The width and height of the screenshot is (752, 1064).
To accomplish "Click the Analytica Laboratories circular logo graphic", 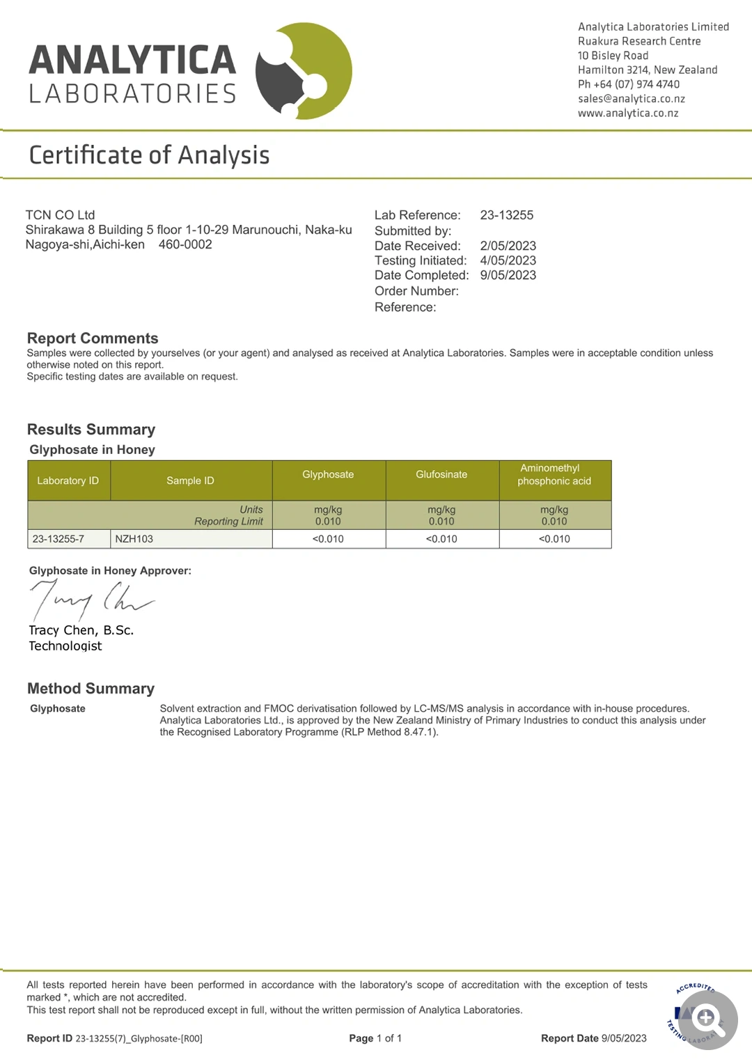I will pyautogui.click(x=304, y=70).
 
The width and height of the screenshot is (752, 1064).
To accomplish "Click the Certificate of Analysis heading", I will pyautogui.click(x=149, y=155).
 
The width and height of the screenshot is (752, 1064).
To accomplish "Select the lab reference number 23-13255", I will pyautogui.click(x=506, y=215).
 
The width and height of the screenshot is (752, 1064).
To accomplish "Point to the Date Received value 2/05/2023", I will pyautogui.click(x=508, y=246).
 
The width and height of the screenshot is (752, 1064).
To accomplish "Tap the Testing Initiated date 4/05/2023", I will pyautogui.click(x=508, y=260).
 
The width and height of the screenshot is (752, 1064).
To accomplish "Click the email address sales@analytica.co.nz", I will pyautogui.click(x=631, y=99).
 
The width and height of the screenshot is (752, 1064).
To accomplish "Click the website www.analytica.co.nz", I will pyautogui.click(x=627, y=114).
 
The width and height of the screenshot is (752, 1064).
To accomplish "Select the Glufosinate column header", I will pyautogui.click(x=441, y=475).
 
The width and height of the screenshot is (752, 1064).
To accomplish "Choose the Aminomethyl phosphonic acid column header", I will pyautogui.click(x=554, y=475).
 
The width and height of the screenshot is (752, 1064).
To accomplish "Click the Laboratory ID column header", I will pyautogui.click(x=68, y=480).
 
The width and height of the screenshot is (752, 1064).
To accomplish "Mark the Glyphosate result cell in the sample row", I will pyautogui.click(x=328, y=539).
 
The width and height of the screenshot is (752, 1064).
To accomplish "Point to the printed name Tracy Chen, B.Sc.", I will pyautogui.click(x=81, y=630).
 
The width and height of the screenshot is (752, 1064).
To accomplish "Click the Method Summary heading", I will pyautogui.click(x=91, y=689).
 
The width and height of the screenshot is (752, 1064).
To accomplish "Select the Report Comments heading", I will pyautogui.click(x=93, y=338).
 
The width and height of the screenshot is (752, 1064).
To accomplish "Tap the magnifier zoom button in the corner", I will pyautogui.click(x=706, y=1019).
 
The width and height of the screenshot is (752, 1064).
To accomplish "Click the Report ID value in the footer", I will pyautogui.click(x=139, y=1038).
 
